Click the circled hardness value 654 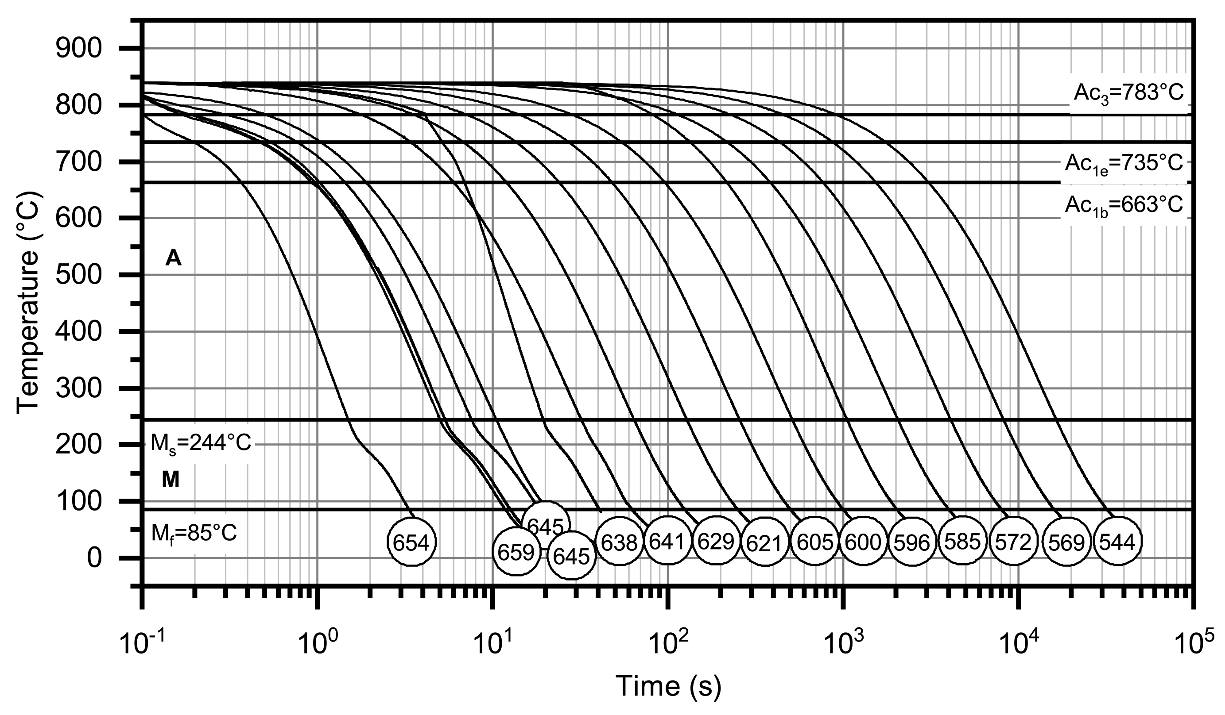coord(412,541)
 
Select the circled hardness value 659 coord(516,551)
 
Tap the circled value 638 coord(619,542)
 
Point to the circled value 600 coord(863,542)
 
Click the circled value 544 coord(1116,542)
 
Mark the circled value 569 coord(1066,542)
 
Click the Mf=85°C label coord(194,534)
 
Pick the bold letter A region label coord(173,259)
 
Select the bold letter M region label coord(170,481)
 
